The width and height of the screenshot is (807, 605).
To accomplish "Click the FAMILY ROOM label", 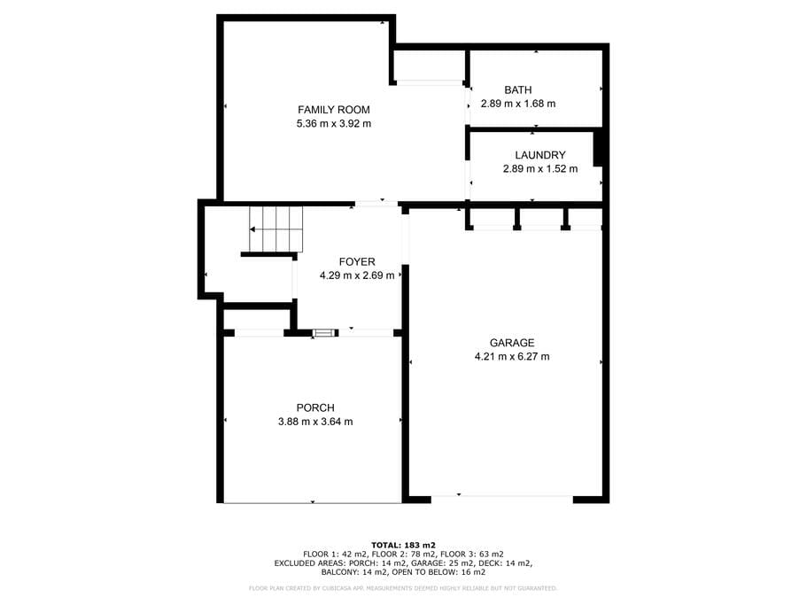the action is [333, 110].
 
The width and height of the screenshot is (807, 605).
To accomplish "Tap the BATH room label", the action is [517, 90].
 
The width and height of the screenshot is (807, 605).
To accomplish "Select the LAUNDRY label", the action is [539, 155].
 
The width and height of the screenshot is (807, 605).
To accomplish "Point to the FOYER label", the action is [357, 262].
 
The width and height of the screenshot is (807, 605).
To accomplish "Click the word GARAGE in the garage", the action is [512, 343].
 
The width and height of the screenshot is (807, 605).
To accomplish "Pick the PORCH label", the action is [315, 408].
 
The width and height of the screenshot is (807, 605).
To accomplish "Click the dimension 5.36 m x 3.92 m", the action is [333, 123].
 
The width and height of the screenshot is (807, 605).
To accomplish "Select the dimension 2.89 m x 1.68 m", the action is [517, 104].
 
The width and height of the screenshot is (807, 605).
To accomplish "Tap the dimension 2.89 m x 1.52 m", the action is [539, 168].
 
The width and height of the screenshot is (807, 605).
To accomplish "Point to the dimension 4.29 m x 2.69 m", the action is [357, 275].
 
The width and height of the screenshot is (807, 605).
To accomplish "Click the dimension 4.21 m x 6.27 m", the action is [512, 356].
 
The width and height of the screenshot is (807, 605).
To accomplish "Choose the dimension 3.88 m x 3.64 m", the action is [315, 422].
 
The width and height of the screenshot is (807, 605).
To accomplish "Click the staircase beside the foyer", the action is [276, 229].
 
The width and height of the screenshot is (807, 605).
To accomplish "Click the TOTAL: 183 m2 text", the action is [403, 546].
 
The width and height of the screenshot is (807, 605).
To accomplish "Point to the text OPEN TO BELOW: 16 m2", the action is [438, 572].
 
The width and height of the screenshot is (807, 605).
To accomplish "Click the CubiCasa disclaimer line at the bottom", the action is [403, 588].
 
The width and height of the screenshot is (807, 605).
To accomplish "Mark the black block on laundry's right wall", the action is [598, 149].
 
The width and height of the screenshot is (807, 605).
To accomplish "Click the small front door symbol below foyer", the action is [324, 333].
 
